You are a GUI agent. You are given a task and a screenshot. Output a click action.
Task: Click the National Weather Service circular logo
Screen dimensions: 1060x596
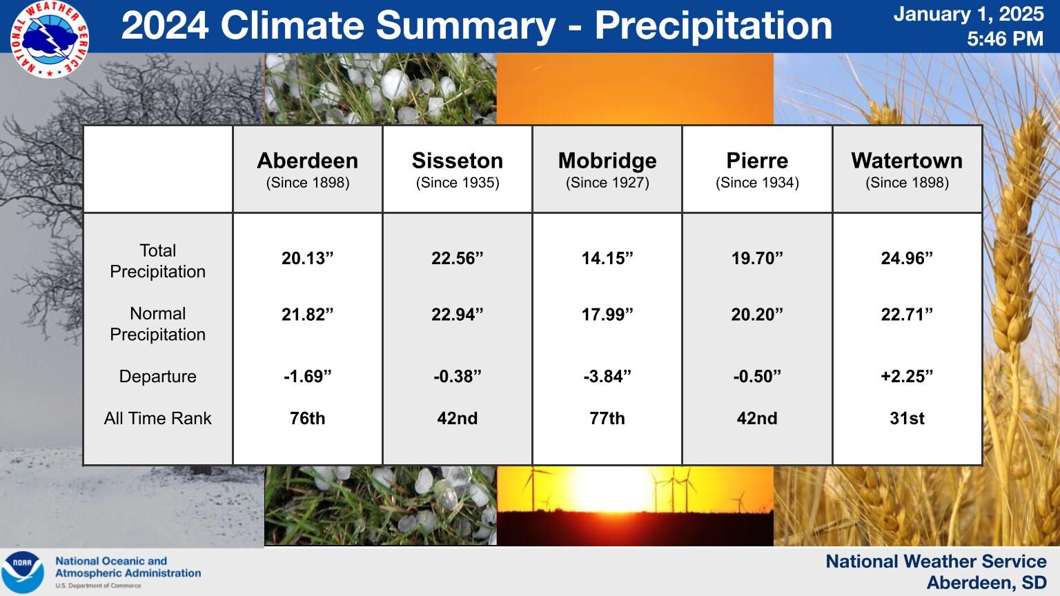50,39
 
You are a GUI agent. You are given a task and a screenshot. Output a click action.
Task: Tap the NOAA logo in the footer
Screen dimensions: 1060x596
23,573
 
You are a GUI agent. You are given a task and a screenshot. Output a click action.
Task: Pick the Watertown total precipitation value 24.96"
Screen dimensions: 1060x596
907,258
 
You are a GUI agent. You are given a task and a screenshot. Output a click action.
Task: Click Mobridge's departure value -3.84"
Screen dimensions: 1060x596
607,377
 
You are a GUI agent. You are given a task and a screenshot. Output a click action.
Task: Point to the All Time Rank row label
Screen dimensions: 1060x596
157,418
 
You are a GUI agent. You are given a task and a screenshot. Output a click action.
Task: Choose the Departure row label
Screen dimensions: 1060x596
157,377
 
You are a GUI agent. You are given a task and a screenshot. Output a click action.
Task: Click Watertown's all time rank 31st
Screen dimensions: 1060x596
907,418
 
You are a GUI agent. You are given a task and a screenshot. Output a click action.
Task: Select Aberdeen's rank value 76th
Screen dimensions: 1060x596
308,418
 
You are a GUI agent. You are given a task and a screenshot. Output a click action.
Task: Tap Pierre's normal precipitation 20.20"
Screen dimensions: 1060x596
757,315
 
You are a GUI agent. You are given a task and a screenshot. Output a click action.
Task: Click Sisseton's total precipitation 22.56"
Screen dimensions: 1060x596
457,258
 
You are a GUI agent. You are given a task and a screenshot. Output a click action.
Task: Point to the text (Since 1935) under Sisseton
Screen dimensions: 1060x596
458,183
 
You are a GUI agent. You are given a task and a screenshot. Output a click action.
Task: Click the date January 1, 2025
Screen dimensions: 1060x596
968,14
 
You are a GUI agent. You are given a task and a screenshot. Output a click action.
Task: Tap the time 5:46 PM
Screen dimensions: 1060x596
1005,39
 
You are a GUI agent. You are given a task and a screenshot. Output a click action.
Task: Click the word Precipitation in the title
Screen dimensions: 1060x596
713,26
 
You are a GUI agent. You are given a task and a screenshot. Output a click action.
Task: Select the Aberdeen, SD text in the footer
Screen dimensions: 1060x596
986,583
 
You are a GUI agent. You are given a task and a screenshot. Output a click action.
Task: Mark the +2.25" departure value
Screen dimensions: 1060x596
907,377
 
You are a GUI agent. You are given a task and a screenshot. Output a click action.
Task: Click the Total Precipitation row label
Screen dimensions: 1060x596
157,261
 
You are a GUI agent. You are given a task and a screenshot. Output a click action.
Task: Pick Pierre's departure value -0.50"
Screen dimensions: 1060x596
757,377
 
